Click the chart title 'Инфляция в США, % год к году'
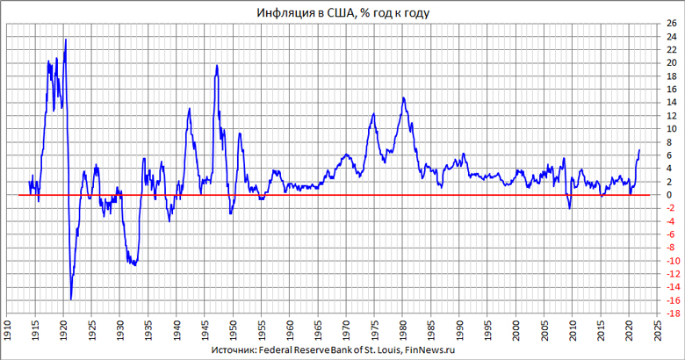[x=343, y=12]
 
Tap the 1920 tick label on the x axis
[x=64, y=323]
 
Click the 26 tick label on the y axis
[x=670, y=24]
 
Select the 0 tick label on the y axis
[x=670, y=195]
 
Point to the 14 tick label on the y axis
[x=670, y=103]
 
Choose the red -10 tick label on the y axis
[x=669, y=261]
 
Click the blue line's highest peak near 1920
[x=66, y=40]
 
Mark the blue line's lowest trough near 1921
[x=71, y=299]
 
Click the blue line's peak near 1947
[x=216, y=66]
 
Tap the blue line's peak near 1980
[x=402, y=97]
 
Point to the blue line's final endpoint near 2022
[x=639, y=150]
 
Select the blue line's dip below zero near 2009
[x=569, y=207]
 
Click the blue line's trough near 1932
[x=134, y=264]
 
